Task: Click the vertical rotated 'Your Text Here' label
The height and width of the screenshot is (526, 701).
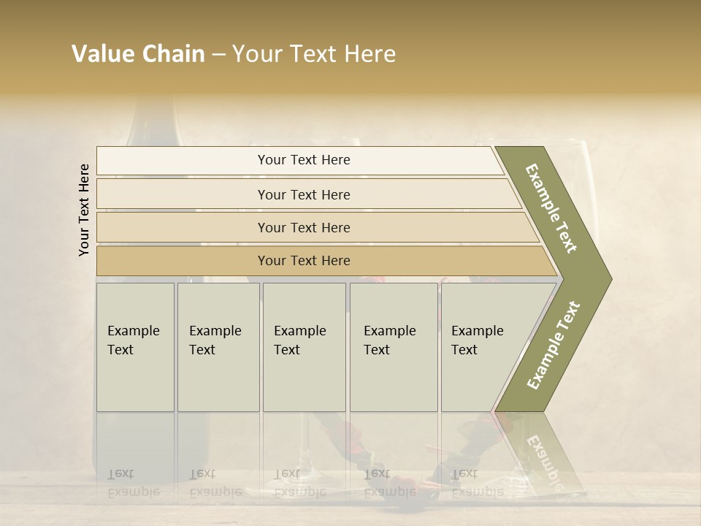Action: coord(84,210)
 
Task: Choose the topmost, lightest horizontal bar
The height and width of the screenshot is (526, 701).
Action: coord(299,160)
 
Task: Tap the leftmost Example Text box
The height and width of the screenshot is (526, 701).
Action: coord(135,347)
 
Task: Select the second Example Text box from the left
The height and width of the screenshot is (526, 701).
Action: coord(218,347)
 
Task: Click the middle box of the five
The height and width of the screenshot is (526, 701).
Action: coord(304,347)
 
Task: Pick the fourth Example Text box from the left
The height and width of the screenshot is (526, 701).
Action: coord(393,347)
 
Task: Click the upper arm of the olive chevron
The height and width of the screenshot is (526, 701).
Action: coord(552,208)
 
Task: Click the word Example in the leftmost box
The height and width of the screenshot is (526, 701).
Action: coord(134,331)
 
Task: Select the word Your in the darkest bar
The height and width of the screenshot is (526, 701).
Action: coord(272,261)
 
